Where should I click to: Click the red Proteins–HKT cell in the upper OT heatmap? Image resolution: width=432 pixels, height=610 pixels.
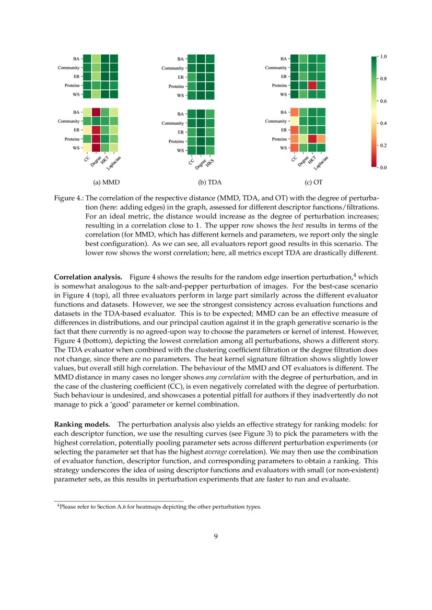312,85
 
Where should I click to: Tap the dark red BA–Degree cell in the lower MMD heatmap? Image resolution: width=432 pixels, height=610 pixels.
96,112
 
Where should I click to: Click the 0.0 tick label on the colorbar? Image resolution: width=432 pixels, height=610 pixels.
383,168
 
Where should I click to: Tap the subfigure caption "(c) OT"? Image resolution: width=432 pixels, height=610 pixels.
313,183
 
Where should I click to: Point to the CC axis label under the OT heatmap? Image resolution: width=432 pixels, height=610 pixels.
294,159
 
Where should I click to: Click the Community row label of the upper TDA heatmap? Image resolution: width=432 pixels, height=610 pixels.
172,68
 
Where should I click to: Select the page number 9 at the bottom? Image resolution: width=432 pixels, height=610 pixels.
215,536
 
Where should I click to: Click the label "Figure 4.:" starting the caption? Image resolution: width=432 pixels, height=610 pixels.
69,199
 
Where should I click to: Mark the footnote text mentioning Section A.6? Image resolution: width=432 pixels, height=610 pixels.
159,507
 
